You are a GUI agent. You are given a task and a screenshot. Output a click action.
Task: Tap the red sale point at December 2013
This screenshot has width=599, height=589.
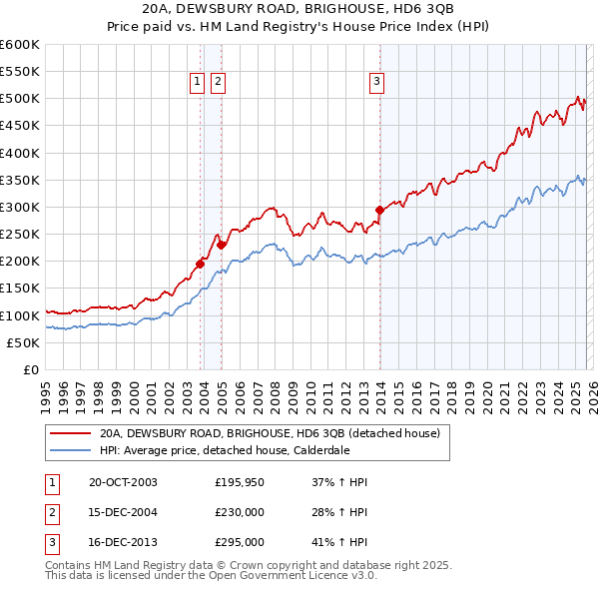[379, 210]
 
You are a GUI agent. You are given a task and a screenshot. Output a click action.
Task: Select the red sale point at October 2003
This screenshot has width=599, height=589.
[201, 264]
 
